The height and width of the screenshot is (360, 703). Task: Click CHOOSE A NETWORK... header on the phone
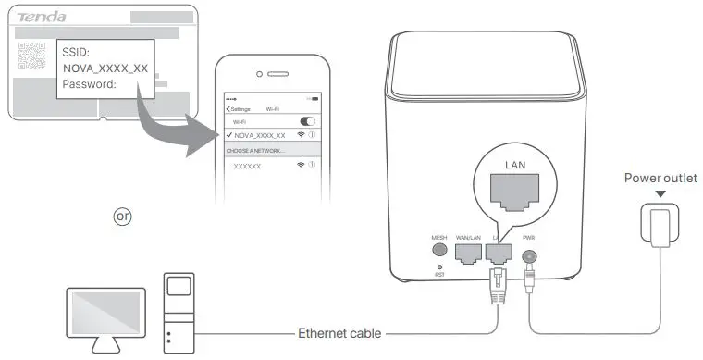point(259,150)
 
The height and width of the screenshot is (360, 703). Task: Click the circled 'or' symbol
point(122,216)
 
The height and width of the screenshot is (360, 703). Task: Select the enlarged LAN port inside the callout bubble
point(515,196)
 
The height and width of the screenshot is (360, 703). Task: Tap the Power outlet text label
point(660,178)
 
